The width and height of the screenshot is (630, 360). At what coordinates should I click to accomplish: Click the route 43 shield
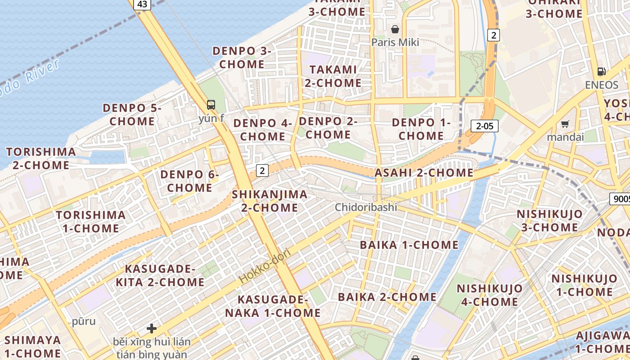tap(142, 4)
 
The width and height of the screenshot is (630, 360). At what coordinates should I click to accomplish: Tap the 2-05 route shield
tap(485, 126)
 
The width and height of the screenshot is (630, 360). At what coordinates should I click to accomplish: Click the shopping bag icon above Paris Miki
tap(395, 30)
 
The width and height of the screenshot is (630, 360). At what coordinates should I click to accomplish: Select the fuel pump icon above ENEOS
tap(601, 71)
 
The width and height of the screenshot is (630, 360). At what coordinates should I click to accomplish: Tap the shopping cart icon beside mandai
tap(565, 124)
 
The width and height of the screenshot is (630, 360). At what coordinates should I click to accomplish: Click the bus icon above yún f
tap(211, 105)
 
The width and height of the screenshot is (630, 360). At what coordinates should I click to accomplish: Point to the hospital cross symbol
tap(152, 328)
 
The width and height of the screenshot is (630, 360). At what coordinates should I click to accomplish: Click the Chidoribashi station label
tap(366, 207)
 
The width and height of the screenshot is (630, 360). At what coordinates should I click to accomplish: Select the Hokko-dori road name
tap(265, 265)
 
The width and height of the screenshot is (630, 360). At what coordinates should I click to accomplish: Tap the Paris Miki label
tap(395, 42)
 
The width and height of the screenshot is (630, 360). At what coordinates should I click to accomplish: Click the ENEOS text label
tap(602, 85)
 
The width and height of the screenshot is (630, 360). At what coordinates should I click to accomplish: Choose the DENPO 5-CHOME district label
tap(132, 115)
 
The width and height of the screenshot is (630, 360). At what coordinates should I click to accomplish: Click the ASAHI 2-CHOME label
tap(424, 173)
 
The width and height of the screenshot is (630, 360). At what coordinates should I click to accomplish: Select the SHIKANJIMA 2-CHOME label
tap(270, 201)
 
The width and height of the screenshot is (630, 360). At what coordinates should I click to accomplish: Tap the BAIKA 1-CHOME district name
tap(409, 245)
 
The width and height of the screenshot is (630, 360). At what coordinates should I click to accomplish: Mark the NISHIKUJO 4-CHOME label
tap(490, 295)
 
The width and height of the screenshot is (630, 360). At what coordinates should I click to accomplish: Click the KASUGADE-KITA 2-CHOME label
tap(160, 275)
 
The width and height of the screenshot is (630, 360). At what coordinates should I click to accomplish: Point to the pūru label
tap(84, 321)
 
